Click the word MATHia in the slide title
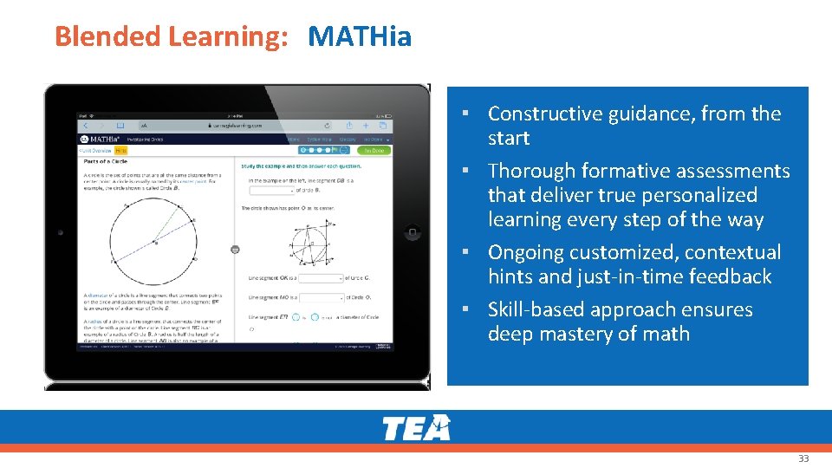point(360,36)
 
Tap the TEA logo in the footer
point(417,427)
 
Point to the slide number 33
point(803,458)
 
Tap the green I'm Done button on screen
point(374,150)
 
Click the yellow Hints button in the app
point(120,150)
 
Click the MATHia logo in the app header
point(94,139)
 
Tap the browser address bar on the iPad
point(236,126)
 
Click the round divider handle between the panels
point(235,250)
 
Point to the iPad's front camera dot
point(61,232)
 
